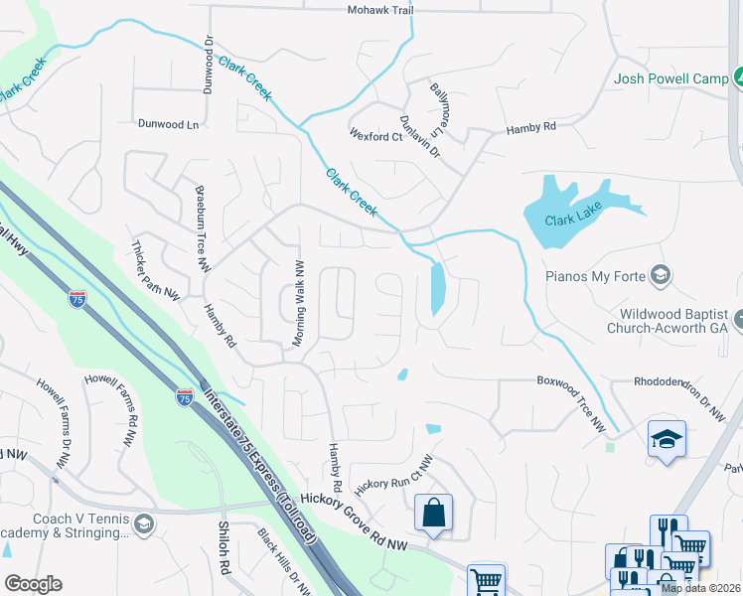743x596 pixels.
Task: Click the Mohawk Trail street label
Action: click(379, 10)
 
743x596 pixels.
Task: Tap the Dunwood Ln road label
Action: click(168, 124)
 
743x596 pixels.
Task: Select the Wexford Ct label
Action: click(374, 136)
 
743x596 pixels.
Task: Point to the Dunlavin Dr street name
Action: click(419, 135)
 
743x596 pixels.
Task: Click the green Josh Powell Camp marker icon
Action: click(738, 77)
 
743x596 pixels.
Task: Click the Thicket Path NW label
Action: click(156, 269)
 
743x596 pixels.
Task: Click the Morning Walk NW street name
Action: click(300, 303)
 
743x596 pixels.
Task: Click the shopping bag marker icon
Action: click(433, 514)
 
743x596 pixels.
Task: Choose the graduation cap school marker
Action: click(666, 438)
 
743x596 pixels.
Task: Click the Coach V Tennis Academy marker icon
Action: click(143, 524)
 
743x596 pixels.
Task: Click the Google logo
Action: click(33, 584)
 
